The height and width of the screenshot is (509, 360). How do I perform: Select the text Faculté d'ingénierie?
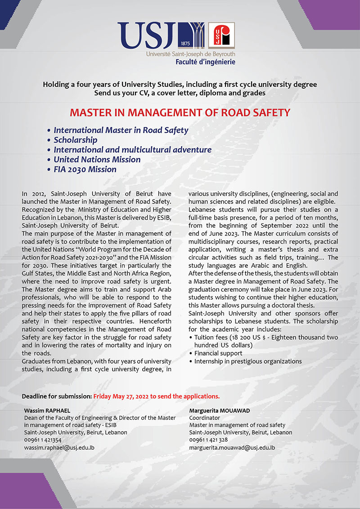coord(205,62)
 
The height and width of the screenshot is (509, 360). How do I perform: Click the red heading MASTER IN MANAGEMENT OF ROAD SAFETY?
coord(180,112)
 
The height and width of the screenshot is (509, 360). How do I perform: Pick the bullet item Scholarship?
coord(76,140)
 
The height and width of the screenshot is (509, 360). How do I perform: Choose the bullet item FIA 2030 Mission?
coord(85,170)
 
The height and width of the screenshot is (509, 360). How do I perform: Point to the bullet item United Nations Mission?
coord(97,160)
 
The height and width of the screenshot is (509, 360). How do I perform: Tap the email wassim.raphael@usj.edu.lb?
coord(59,448)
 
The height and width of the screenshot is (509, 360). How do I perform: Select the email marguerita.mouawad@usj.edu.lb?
coord(232,448)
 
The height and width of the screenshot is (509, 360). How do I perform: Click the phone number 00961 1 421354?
coord(43,440)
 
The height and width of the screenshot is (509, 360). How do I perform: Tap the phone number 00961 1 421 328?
coord(208,440)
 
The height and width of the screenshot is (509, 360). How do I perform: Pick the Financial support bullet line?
coord(218,353)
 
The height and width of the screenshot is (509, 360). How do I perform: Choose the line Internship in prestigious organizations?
coord(248,361)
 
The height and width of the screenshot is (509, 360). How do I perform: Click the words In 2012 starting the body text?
coord(32,194)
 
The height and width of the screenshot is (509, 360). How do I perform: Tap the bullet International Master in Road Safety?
coord(121,130)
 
